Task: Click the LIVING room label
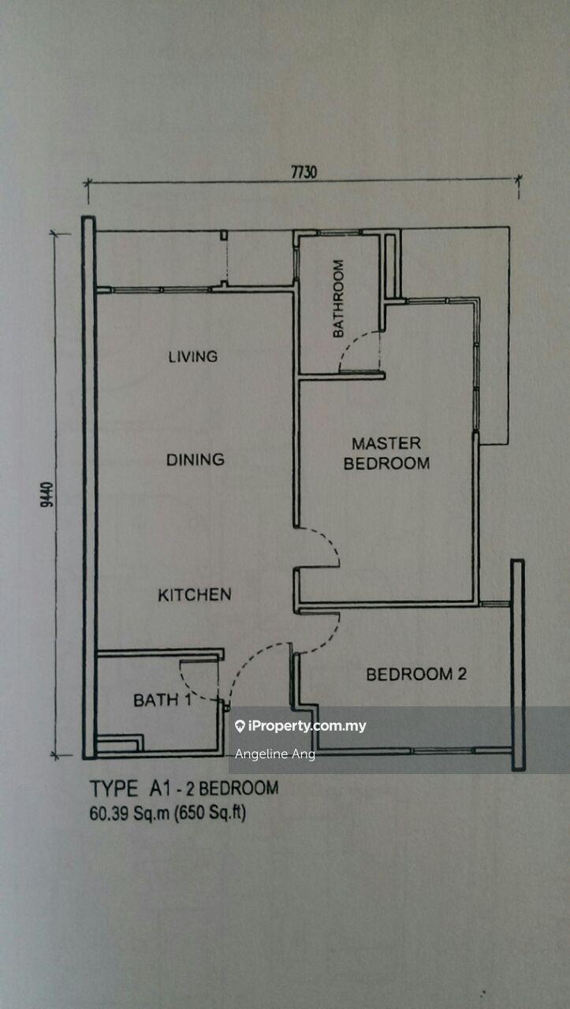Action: pos(193,357)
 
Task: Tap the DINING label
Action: pos(195,460)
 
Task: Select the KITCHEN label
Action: pos(195,595)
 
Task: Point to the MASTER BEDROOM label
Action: pos(386,453)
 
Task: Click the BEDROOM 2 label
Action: pos(416,674)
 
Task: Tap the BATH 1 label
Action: pos(162,700)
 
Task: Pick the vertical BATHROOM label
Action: pos(338,298)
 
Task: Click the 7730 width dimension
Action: pos(304,172)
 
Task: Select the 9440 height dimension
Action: pos(47,494)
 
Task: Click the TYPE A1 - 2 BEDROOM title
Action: pos(184,789)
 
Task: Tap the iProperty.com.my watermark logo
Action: pos(300,726)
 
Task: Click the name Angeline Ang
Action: pos(275,754)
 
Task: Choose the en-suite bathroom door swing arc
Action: pos(347,346)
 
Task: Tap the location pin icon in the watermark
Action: pos(240,726)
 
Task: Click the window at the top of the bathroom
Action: pos(339,233)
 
